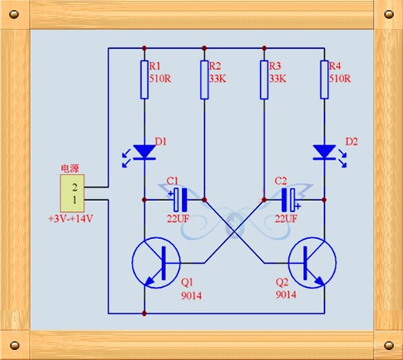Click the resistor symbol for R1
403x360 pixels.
click(144, 80)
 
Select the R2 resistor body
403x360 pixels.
click(205, 80)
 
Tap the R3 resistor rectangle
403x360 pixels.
click(264, 80)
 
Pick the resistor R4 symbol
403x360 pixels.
click(324, 80)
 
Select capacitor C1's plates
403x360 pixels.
click(181, 200)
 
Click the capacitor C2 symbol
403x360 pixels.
click(288, 200)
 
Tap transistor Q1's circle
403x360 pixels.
click(156, 263)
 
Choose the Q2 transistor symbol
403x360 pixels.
click(312, 263)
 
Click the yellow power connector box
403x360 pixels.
click(72, 193)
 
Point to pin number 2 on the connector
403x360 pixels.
click(74, 187)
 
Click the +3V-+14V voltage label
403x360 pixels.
click(71, 219)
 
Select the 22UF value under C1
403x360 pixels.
click(177, 219)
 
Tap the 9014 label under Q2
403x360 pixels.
click(286, 295)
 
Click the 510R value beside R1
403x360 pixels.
click(160, 78)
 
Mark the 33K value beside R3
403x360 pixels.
click(277, 78)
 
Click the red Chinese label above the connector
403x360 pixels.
click(70, 168)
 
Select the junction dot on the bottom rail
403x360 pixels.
click(144, 313)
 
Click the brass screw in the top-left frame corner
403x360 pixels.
click(14, 14)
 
